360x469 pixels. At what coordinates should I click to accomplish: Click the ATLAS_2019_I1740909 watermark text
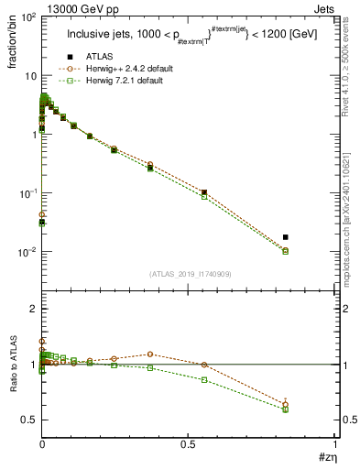(x=189, y=273)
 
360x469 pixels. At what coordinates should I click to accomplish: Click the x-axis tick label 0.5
(x=189, y=442)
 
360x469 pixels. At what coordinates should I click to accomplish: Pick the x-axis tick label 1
(x=335, y=442)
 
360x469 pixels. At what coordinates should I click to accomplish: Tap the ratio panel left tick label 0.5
(x=27, y=420)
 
